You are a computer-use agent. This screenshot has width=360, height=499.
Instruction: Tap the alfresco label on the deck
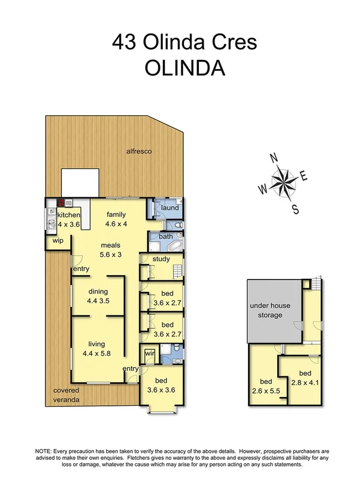(139, 151)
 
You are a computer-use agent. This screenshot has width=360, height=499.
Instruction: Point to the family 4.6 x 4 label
(116, 219)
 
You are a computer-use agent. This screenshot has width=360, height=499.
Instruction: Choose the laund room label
(170, 208)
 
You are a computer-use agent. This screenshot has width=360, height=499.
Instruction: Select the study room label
(161, 259)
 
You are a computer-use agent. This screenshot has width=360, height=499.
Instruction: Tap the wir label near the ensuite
(149, 353)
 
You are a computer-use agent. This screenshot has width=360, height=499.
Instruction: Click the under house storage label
(266, 311)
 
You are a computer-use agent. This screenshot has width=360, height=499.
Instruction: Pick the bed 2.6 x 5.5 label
(266, 386)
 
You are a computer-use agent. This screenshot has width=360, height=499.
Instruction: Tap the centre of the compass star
(283, 182)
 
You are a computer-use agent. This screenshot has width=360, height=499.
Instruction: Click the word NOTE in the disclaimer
(45, 451)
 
